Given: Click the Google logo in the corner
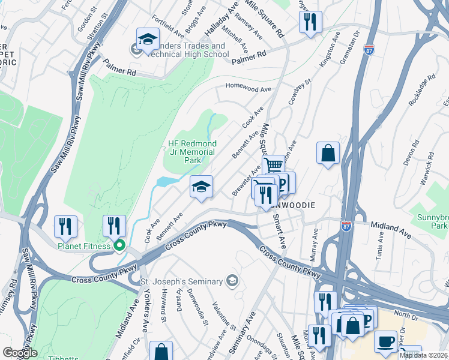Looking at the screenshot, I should click(x=19, y=353).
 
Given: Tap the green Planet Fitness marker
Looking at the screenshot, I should click(x=119, y=245).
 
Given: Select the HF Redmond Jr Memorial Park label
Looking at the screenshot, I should click(x=191, y=152).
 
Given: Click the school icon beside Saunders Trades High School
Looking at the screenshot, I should click(x=146, y=39).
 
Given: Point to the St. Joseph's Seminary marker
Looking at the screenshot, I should click(x=232, y=281).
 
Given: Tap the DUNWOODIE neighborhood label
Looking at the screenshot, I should click(x=295, y=205).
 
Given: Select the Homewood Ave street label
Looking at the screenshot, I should click(x=249, y=87).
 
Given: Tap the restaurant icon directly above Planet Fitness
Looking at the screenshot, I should click(x=113, y=226).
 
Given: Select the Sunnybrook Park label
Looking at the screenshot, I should click(x=432, y=220).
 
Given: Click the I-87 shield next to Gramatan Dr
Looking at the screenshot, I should click(x=370, y=49).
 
